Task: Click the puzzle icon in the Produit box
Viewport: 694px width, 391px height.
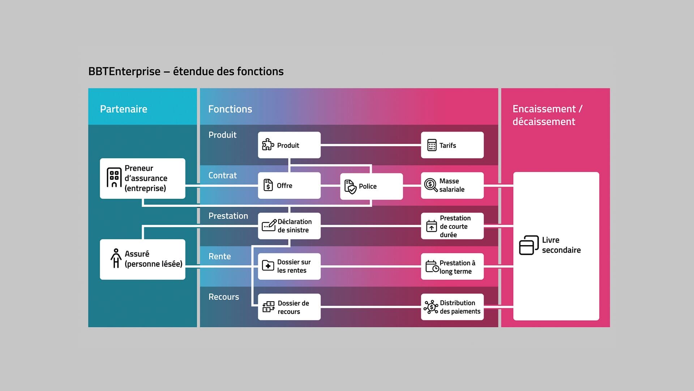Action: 268,144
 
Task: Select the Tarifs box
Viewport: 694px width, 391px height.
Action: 452,145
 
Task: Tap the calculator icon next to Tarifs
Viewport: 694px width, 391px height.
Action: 432,145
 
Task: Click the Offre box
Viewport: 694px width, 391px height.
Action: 289,185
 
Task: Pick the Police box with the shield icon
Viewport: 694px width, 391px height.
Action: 371,186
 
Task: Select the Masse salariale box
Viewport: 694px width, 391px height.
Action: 452,185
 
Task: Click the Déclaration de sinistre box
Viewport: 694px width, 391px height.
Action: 289,226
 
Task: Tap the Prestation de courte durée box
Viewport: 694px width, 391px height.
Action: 452,226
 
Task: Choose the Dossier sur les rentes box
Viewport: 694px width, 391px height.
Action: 289,266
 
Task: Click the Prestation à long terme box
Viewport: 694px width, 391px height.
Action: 452,266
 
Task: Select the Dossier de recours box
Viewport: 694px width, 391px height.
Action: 289,307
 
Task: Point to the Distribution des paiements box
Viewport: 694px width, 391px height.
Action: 452,307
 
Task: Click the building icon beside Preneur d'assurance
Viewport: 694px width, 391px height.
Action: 114,177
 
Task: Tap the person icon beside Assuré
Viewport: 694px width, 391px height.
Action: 116,258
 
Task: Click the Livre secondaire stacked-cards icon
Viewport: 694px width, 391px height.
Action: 528,245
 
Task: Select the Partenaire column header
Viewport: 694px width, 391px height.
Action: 124,109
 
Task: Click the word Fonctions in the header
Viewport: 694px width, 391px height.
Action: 230,109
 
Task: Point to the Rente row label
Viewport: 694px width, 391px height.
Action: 219,256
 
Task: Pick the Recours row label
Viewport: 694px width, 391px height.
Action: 223,297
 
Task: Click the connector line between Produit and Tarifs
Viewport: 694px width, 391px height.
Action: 370,145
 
